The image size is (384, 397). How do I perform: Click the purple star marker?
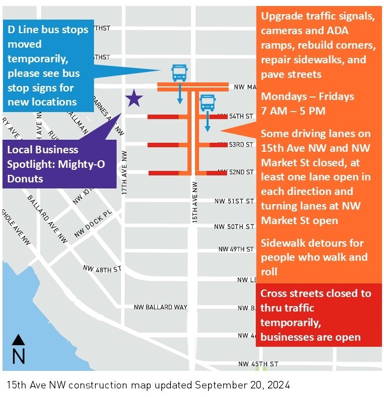point(134,98)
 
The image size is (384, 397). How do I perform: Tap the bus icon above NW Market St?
point(179,73)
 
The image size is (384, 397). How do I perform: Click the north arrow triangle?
point(18,340)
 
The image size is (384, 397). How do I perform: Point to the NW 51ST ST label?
point(234,201)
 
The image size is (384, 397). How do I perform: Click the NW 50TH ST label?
point(234,227)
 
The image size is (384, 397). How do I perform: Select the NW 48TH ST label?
point(103,269)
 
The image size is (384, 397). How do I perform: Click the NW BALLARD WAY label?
point(160,307)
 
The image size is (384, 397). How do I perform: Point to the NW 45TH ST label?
point(258,364)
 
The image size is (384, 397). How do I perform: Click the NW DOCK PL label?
point(93,224)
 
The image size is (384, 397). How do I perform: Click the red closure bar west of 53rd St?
point(163,145)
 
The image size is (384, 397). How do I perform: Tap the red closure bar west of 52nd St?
point(163,173)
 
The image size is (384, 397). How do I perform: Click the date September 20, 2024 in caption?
point(242,385)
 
